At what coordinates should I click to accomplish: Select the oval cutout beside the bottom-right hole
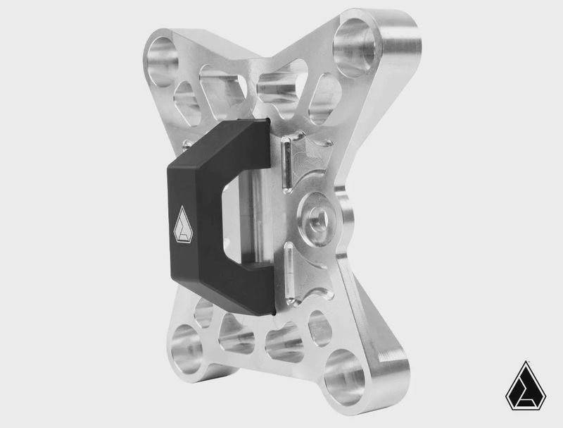pos(320,327)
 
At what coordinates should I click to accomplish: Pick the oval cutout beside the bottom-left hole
pos(204,312)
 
